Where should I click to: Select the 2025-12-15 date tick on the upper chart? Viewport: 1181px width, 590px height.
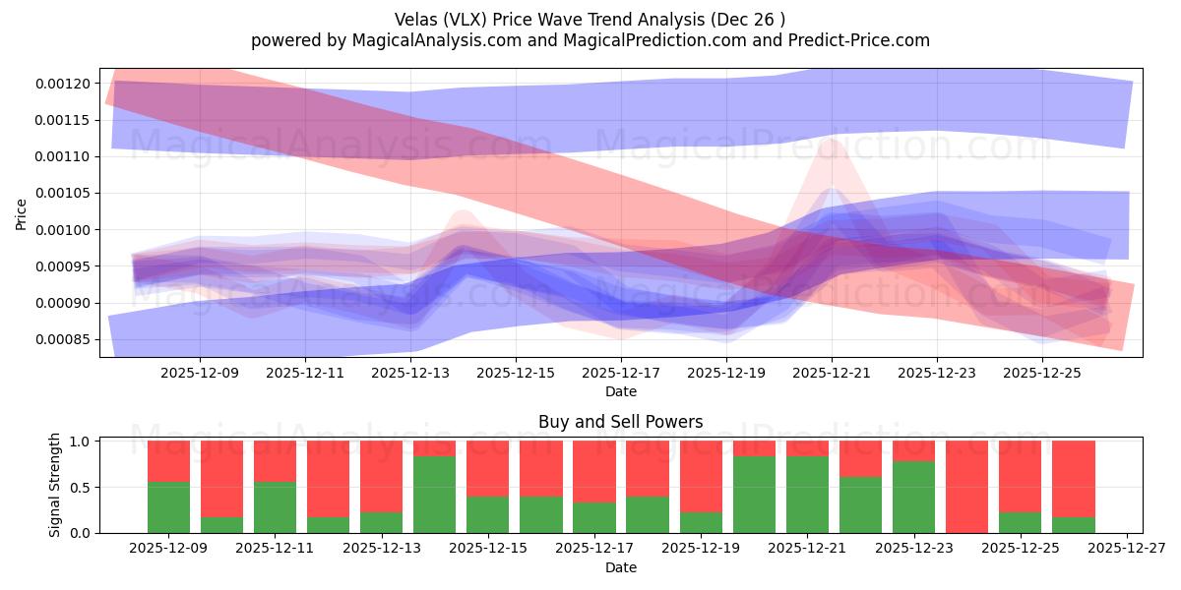pyautogui.click(x=516, y=374)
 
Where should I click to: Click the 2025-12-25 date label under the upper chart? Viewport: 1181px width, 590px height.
pyautogui.click(x=1042, y=374)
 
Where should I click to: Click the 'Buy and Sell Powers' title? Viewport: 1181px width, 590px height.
pyautogui.click(x=620, y=423)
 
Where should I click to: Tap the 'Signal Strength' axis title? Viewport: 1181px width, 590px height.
pyautogui.click(x=55, y=485)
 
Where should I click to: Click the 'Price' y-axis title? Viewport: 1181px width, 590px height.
pyautogui.click(x=21, y=212)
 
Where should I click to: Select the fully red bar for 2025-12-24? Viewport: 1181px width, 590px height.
pyautogui.click(x=967, y=487)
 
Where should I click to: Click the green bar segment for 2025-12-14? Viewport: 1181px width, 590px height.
pyautogui.click(x=435, y=495)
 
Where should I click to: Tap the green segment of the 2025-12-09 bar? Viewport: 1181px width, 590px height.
pyautogui.click(x=169, y=507)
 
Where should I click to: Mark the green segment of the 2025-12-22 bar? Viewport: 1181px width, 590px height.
pyautogui.click(x=861, y=504)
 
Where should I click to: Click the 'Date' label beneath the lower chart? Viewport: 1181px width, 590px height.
pyautogui.click(x=620, y=567)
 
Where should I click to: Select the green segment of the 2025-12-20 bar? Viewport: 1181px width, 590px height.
pyautogui.click(x=755, y=495)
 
